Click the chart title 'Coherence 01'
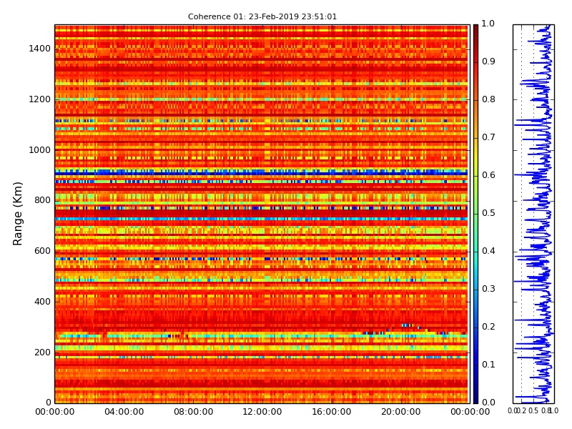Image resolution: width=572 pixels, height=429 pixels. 262,16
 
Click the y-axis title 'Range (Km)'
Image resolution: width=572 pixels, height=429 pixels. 19,213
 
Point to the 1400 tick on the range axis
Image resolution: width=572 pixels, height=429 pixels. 39,49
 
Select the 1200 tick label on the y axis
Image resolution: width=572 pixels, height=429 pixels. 39,99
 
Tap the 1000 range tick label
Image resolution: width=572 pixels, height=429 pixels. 39,150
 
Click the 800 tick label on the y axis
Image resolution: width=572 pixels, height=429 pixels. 41,201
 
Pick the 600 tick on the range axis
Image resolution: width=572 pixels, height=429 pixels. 41,251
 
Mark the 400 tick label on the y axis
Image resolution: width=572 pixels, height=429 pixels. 41,302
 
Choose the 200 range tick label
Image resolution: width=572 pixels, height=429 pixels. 41,352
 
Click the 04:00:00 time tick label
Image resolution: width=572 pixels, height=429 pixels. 124,412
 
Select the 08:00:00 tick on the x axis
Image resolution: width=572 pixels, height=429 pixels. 193,412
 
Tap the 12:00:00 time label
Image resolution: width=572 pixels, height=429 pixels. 262,412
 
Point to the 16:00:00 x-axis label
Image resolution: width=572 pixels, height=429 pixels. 332,412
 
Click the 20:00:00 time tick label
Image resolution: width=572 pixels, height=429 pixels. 400,412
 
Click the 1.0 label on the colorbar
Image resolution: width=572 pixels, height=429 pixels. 488,24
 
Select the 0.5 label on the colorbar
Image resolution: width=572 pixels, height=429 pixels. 488,213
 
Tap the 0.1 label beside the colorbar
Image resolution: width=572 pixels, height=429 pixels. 488,365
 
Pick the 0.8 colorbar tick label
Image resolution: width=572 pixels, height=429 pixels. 488,100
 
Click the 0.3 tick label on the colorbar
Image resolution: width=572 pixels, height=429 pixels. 488,289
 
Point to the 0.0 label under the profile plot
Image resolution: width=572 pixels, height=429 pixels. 513,411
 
